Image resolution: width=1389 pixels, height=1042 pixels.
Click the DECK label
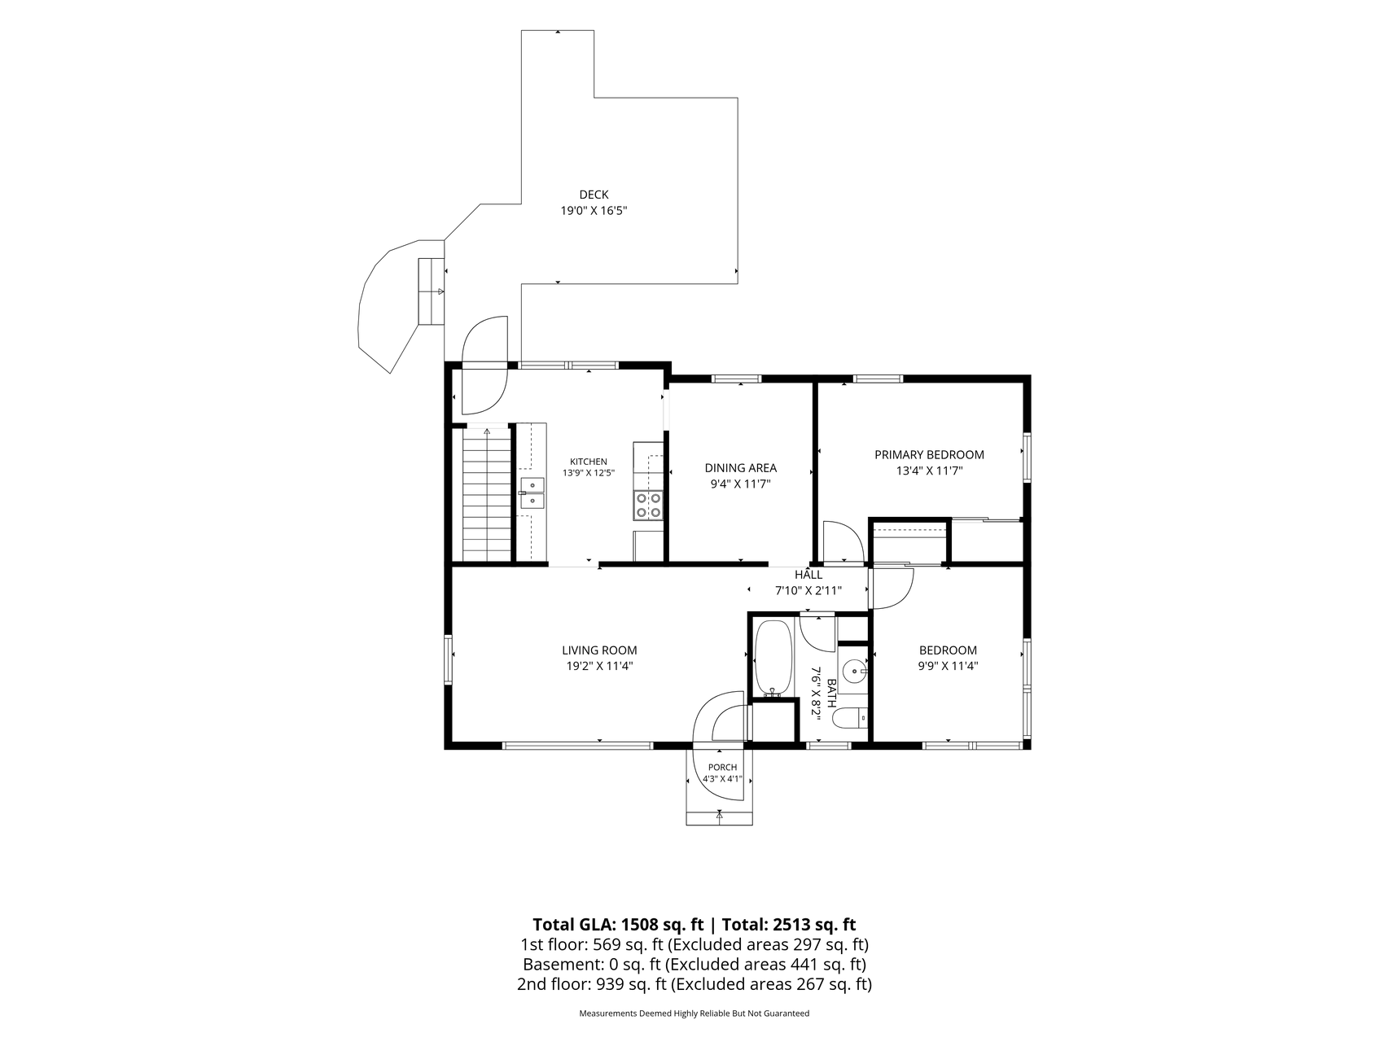594,195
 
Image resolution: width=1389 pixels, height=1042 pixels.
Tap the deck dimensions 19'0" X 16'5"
594,211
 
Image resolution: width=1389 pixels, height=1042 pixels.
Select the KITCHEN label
588,462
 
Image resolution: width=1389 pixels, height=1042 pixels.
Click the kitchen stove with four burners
649,505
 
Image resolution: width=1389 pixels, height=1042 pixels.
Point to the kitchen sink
532,493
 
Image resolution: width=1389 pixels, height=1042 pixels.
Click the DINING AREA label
740,468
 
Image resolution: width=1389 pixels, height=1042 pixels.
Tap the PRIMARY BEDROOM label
929,455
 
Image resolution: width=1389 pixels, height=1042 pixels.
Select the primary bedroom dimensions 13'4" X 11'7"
929,471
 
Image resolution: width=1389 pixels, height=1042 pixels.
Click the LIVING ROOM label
599,650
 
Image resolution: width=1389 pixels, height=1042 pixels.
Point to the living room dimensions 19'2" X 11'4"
599,666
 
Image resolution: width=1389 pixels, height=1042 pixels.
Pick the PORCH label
722,768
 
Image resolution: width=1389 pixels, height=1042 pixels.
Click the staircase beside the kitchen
487,495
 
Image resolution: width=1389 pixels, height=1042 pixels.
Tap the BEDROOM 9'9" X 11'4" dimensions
948,666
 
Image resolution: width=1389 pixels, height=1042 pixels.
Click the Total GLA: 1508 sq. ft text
618,925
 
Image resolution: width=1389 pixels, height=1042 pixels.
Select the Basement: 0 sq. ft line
694,965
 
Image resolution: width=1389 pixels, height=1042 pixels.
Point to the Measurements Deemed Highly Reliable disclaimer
694,1014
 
